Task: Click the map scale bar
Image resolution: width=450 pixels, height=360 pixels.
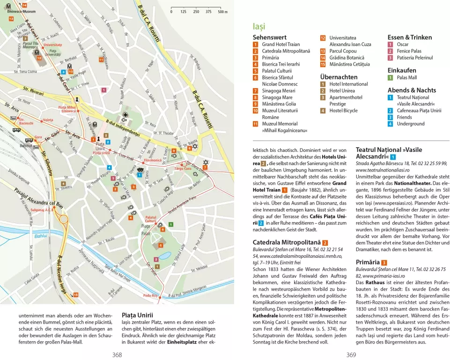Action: tap(196, 8)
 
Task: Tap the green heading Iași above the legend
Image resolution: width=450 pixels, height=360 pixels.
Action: tap(258, 27)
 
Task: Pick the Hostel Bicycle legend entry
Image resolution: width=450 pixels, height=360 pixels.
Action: tap(343, 111)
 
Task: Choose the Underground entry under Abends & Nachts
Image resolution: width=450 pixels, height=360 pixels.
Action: tap(410, 124)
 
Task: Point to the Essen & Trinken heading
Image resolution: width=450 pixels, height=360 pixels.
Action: tap(409, 37)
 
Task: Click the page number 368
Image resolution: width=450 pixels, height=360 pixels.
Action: tap(117, 355)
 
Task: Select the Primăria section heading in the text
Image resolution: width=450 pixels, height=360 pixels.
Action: tap(367, 262)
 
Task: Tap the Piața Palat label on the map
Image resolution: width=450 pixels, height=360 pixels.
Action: tap(146, 229)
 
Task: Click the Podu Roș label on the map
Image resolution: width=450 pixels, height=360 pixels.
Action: tap(150, 295)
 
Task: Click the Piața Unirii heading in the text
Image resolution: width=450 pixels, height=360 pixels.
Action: tap(137, 315)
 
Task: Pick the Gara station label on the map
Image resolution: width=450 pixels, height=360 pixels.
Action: tap(38, 137)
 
